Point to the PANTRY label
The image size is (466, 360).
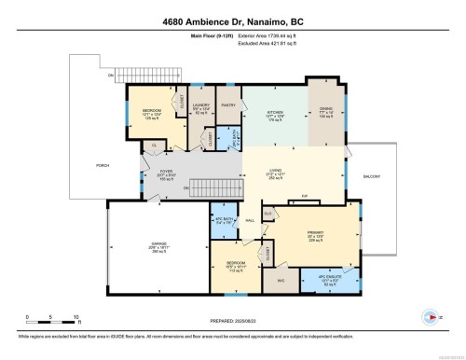(x=227, y=106)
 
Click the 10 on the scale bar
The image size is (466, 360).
(x=77, y=318)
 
